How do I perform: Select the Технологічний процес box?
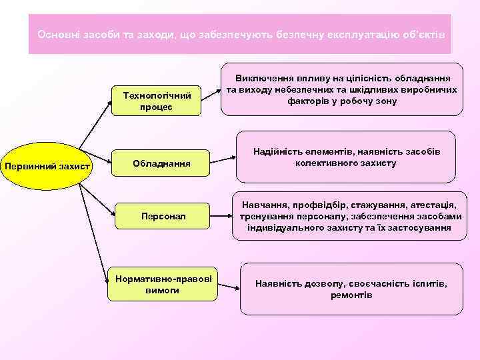click(156, 101)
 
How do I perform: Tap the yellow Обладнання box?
click(161, 163)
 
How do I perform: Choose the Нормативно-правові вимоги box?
click(162, 284)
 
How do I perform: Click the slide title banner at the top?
click(240, 34)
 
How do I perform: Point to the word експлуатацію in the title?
click(363, 34)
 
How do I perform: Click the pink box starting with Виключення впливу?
click(341, 89)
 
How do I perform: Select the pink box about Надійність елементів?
click(345, 158)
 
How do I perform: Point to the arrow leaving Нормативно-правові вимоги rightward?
click(229, 287)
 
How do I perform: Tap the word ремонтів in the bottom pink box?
click(351, 295)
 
